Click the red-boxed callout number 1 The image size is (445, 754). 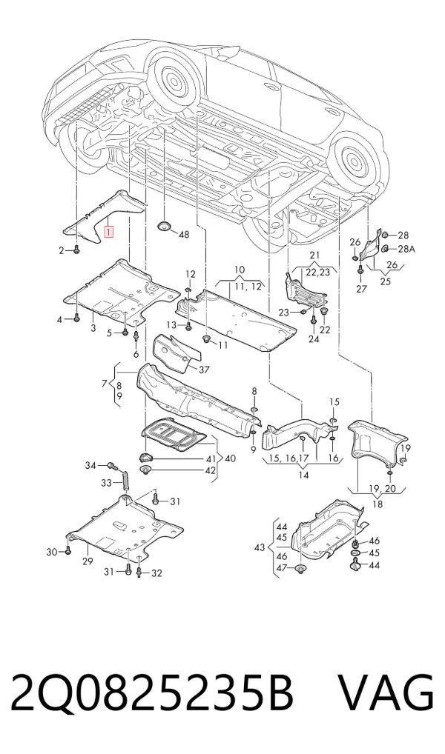110,233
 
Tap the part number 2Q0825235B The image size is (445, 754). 152,693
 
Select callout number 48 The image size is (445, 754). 184,235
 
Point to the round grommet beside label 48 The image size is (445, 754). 165,227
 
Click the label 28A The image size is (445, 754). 406,249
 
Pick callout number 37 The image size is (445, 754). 204,370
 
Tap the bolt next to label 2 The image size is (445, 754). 76,250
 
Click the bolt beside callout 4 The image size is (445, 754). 76,318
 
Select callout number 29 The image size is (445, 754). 88,561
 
